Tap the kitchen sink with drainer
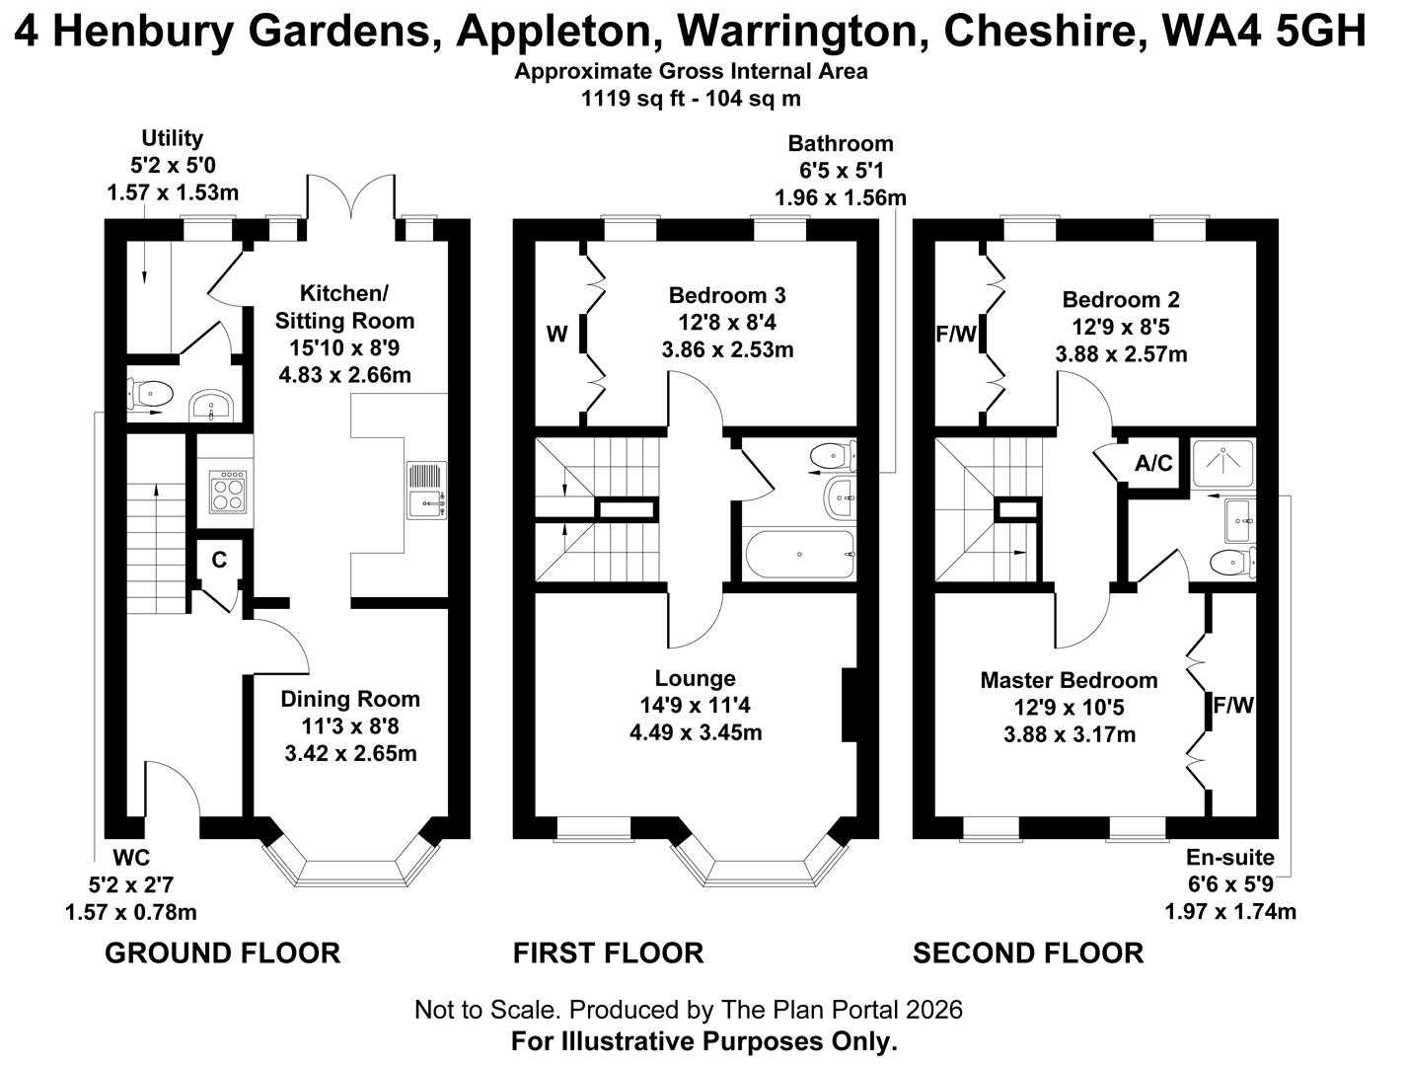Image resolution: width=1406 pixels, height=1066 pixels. coord(427,492)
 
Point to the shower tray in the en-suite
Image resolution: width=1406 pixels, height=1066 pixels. coord(1223,462)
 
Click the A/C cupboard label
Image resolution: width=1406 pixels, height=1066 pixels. coord(1153,463)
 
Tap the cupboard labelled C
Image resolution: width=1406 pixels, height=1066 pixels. coord(219,561)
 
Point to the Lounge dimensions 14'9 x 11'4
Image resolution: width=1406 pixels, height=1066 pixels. coord(696,706)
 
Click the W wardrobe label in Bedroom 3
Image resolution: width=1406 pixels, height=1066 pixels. coord(556,335)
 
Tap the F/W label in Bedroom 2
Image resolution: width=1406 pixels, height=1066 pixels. coord(955,335)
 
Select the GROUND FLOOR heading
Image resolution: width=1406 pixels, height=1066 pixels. coord(222,952)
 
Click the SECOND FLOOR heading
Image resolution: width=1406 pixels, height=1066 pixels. coord(1028,952)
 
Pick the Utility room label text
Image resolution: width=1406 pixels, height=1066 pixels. coord(172,138)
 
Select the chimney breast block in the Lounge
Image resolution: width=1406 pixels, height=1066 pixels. coord(849,705)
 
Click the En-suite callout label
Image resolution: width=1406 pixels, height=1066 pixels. coord(1229,858)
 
